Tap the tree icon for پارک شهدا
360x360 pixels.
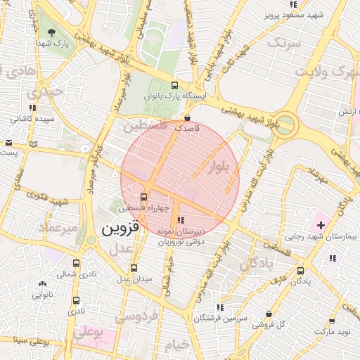click(50, 32)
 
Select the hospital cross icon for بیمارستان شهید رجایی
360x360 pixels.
click(321, 226)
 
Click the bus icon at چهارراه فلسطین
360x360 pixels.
click(143, 197)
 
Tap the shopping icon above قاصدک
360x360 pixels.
click(188, 117)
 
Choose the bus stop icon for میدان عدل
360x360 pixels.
click(134, 268)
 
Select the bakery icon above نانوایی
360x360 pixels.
click(43, 285)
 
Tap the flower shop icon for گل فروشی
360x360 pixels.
click(269, 314)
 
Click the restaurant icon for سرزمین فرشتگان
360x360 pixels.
click(221, 307)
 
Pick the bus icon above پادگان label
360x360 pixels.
click(301, 270)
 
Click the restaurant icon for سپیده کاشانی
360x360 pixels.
click(32, 108)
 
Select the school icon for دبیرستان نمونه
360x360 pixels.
click(181, 221)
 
